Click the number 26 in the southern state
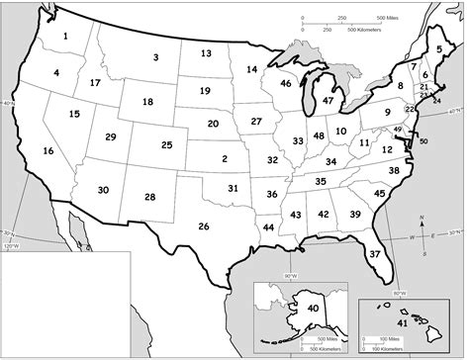pyautogui.click(x=204, y=226)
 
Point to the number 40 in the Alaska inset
pyautogui.click(x=314, y=309)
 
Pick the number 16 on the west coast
pyautogui.click(x=47, y=150)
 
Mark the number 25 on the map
pyautogui.click(x=166, y=145)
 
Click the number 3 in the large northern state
pyautogui.click(x=155, y=57)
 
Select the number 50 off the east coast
pyautogui.click(x=423, y=141)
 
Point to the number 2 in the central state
pyautogui.click(x=225, y=158)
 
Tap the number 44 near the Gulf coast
pyautogui.click(x=269, y=227)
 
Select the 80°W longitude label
pyautogui.click(x=400, y=291)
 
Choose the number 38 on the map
pyautogui.click(x=394, y=171)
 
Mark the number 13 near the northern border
pyautogui.click(x=206, y=53)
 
